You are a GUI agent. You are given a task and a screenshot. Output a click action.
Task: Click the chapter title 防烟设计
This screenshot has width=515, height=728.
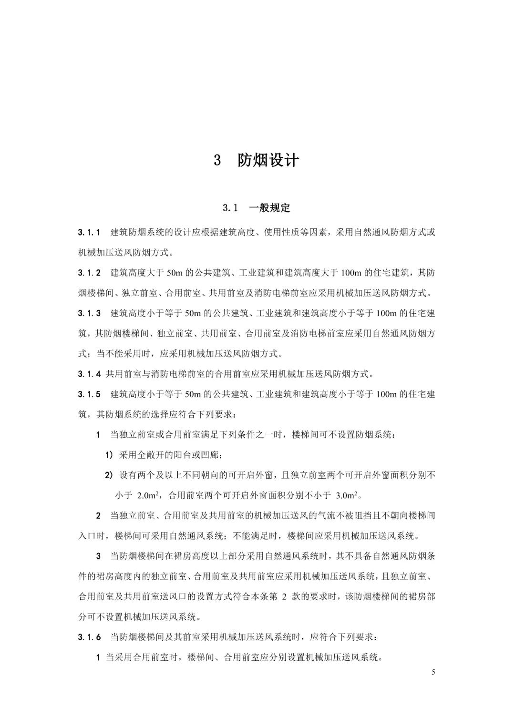268,161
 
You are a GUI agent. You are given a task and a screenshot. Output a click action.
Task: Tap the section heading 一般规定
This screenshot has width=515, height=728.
269,208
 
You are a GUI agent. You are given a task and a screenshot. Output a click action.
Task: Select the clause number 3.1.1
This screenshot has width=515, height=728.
89,233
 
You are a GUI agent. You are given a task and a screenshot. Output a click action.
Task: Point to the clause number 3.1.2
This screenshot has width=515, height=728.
89,273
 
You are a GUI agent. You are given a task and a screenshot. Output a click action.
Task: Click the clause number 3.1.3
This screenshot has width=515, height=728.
89,314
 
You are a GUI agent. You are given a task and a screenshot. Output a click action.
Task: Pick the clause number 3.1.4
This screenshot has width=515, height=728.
89,374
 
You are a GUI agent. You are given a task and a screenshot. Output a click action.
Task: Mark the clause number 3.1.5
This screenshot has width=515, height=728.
89,394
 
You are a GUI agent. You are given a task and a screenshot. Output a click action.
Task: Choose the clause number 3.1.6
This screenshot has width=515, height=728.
89,637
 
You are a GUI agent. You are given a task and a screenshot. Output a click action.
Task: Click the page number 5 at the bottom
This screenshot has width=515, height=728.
433,672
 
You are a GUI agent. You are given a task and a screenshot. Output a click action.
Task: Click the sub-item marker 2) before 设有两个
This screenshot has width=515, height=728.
109,475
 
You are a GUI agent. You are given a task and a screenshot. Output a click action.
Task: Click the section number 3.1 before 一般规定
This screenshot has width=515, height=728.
230,208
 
